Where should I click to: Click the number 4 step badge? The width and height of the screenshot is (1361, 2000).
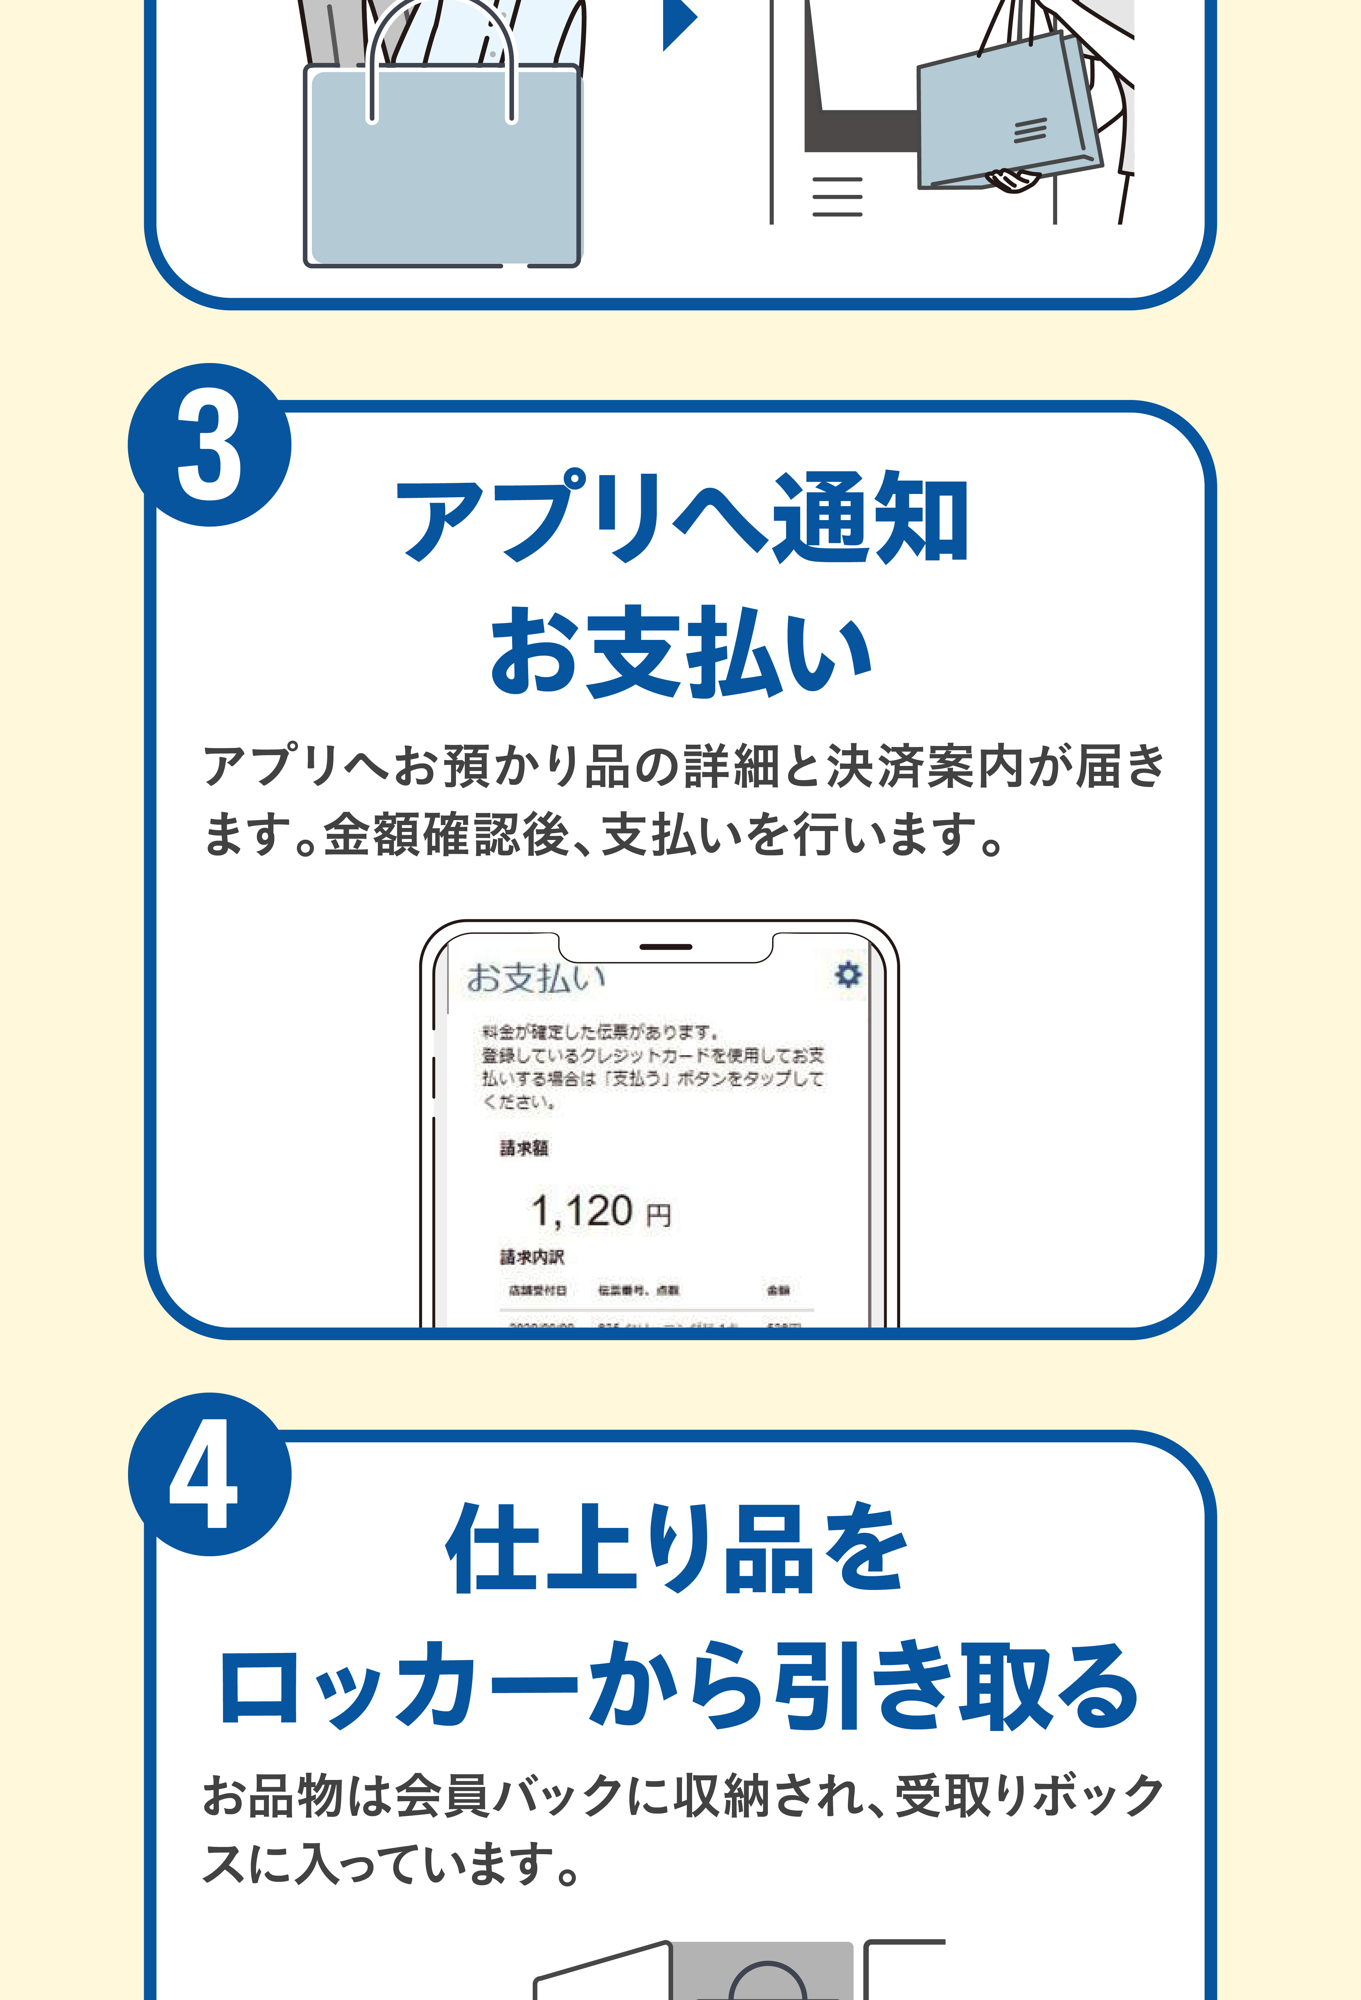(209, 1474)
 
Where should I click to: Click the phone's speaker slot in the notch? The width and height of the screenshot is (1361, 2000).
(665, 947)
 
